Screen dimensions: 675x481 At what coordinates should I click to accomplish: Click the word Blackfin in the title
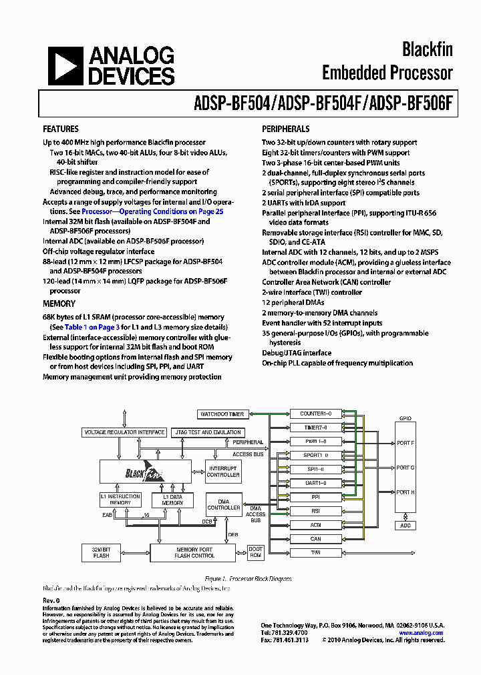427,49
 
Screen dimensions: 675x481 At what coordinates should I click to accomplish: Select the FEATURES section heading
61,129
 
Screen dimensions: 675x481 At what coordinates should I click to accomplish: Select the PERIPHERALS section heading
285,129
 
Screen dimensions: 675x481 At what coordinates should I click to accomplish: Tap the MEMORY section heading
59,303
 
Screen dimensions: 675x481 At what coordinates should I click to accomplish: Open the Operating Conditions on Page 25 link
152,211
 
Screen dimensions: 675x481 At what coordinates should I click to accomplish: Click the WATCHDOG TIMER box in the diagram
222,414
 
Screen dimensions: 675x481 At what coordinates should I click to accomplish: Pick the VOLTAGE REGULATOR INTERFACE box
124,432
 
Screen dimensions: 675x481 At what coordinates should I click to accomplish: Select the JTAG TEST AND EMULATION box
207,432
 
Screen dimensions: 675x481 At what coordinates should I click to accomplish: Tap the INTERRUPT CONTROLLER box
223,472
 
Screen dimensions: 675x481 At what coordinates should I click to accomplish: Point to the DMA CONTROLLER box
224,504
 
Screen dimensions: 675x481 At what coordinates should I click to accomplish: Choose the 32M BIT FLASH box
101,552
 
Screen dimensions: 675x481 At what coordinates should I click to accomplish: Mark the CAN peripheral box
315,539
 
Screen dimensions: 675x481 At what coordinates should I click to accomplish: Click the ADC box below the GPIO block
406,526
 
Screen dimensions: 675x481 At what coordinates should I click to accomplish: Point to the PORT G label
406,468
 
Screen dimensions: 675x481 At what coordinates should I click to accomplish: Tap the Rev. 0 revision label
51,601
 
